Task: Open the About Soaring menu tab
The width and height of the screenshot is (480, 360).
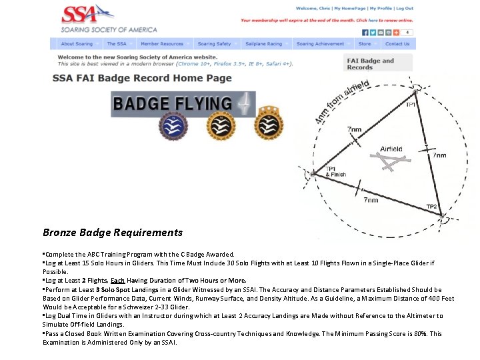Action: tap(77, 44)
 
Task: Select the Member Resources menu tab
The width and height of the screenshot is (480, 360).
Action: tap(162, 44)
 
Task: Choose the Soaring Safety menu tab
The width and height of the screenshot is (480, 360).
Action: tap(215, 44)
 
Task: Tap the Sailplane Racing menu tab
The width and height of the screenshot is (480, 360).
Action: tap(264, 44)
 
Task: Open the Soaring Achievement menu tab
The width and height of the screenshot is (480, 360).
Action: tap(321, 44)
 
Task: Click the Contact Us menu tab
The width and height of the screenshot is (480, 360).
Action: tap(397, 44)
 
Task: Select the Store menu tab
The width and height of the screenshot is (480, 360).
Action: tap(365, 44)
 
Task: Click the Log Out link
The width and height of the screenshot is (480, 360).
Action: tap(405, 9)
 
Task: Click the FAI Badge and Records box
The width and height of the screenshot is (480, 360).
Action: tap(379, 63)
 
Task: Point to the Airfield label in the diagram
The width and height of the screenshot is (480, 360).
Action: tap(391, 149)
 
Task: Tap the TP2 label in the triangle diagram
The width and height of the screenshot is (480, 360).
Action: tap(431, 207)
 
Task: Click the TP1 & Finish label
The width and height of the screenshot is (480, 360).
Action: tap(335, 171)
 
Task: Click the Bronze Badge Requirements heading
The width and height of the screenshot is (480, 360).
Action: tap(113, 233)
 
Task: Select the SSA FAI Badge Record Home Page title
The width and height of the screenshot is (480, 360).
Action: tap(142, 78)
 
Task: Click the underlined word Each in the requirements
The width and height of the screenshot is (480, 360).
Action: tap(118, 281)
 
